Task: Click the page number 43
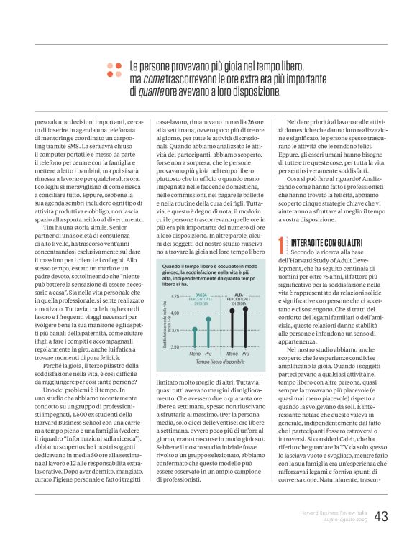click(381, 515)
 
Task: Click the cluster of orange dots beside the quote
click(114, 69)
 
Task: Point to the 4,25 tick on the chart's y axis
click(175, 296)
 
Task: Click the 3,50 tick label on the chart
click(175, 346)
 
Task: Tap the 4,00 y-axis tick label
click(175, 313)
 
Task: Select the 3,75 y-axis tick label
click(175, 330)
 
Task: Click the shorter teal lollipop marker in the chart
click(194, 330)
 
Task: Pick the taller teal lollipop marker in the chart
click(208, 318)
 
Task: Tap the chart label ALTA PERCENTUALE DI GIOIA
click(239, 298)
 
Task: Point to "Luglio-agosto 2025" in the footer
click(345, 519)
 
